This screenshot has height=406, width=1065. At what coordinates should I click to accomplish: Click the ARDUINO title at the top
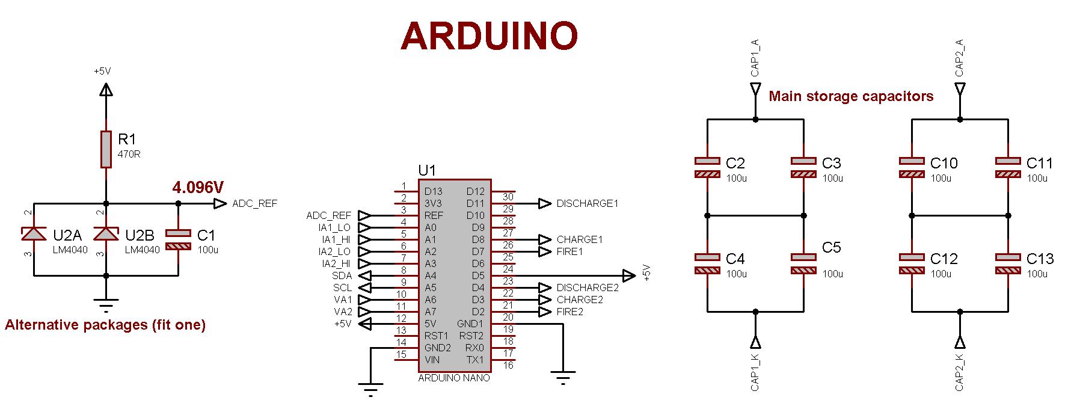[489, 35]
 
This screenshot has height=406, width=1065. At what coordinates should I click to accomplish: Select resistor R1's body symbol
[106, 149]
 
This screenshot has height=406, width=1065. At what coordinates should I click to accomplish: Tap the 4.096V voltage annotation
[197, 188]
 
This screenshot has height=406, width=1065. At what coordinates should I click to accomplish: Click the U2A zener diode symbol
[34, 233]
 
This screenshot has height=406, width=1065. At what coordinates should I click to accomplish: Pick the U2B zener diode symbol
[106, 233]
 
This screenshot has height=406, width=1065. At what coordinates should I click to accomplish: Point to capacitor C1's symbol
[178, 239]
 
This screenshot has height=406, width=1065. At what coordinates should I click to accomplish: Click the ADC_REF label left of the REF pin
[328, 215]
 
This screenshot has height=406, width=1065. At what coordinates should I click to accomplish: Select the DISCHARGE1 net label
[587, 203]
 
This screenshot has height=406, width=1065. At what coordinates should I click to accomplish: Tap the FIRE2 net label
[569, 312]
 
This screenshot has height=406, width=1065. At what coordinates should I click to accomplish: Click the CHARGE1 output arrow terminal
[545, 239]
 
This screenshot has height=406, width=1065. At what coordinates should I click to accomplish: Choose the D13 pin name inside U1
[433, 191]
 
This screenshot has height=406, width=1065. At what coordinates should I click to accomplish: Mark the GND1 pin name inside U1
[470, 324]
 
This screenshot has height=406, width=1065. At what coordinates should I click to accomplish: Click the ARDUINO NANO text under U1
[454, 378]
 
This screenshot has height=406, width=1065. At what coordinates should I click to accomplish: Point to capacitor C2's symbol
[707, 167]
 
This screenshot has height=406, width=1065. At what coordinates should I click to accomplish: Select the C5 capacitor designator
[831, 247]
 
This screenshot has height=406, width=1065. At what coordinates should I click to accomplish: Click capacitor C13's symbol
[1008, 263]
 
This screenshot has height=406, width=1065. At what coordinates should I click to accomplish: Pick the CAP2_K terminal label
[960, 372]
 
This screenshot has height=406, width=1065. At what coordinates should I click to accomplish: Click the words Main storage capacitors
[851, 96]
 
